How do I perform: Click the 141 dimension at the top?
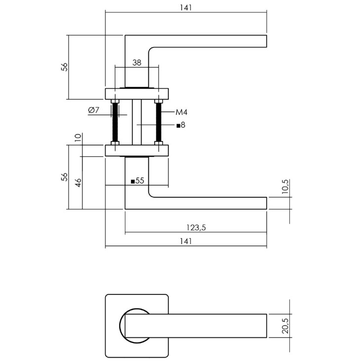coord(186,7)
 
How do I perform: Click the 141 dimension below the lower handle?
coord(186,241)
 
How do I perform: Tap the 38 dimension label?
coord(137,62)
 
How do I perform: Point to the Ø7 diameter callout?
coord(94,110)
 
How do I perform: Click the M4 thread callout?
coord(181,112)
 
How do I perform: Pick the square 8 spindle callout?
coord(181,125)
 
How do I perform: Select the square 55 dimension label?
coord(137,181)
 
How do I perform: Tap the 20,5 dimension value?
coord(285,326)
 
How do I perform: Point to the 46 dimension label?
coord(78,183)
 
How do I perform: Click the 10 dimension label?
coord(78,138)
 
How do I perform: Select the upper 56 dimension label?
coord(64,67)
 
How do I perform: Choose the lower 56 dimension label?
coord(64,177)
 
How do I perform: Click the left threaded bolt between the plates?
coord(115,122)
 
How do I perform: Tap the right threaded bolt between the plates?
coord(159,122)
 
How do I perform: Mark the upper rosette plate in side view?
coord(137,94)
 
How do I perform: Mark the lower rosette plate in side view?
coord(137,150)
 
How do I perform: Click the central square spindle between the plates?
coord(137,122)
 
